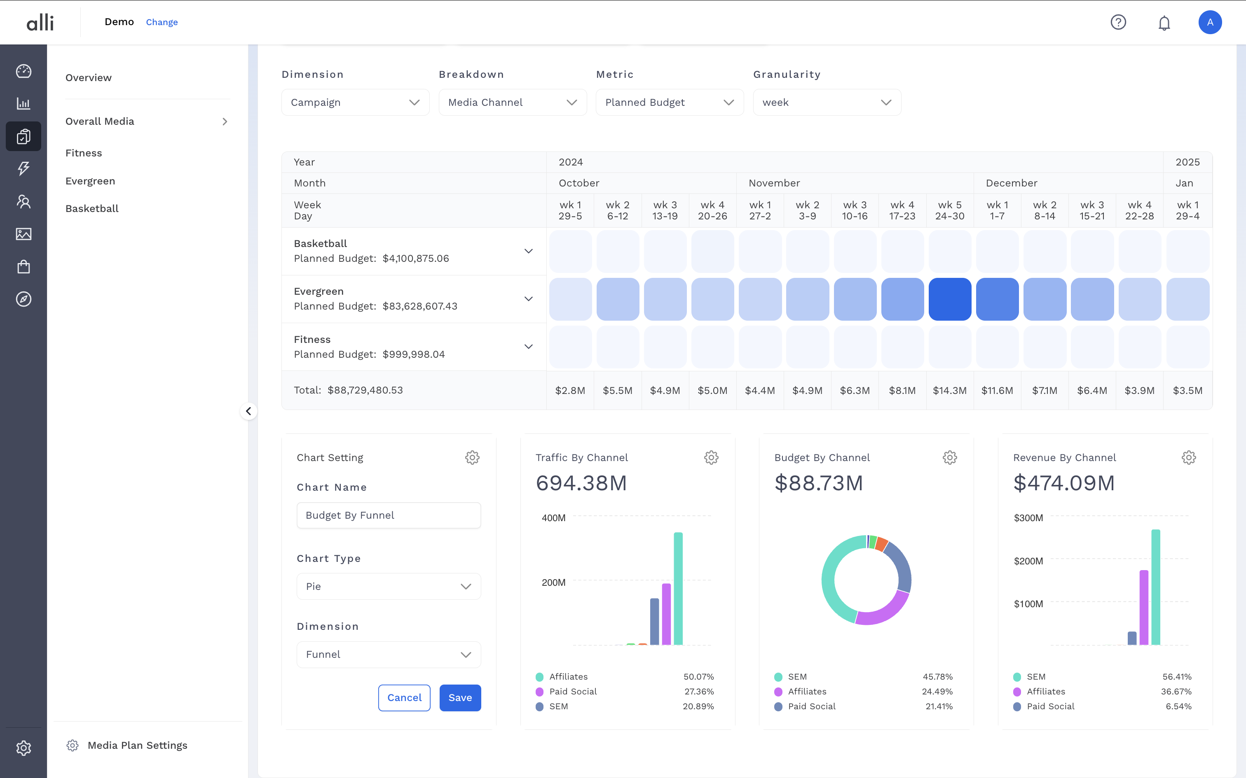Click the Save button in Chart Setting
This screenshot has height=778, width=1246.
click(460, 698)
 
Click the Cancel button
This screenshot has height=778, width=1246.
click(404, 698)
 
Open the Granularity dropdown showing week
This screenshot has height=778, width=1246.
click(827, 102)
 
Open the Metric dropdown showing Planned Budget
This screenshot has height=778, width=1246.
click(669, 102)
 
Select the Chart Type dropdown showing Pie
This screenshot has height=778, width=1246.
click(389, 587)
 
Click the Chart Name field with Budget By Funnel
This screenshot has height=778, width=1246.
click(389, 515)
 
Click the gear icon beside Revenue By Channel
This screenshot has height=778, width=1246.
click(1188, 457)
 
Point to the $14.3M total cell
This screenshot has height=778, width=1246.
click(949, 391)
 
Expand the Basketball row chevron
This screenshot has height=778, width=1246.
click(528, 251)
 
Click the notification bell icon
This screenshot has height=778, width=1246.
click(1164, 23)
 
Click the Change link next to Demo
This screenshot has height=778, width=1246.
click(162, 22)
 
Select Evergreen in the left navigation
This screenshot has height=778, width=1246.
click(90, 181)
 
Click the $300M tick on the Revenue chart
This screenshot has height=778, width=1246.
click(1028, 518)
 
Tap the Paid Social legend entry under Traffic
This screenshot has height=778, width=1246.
click(573, 692)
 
